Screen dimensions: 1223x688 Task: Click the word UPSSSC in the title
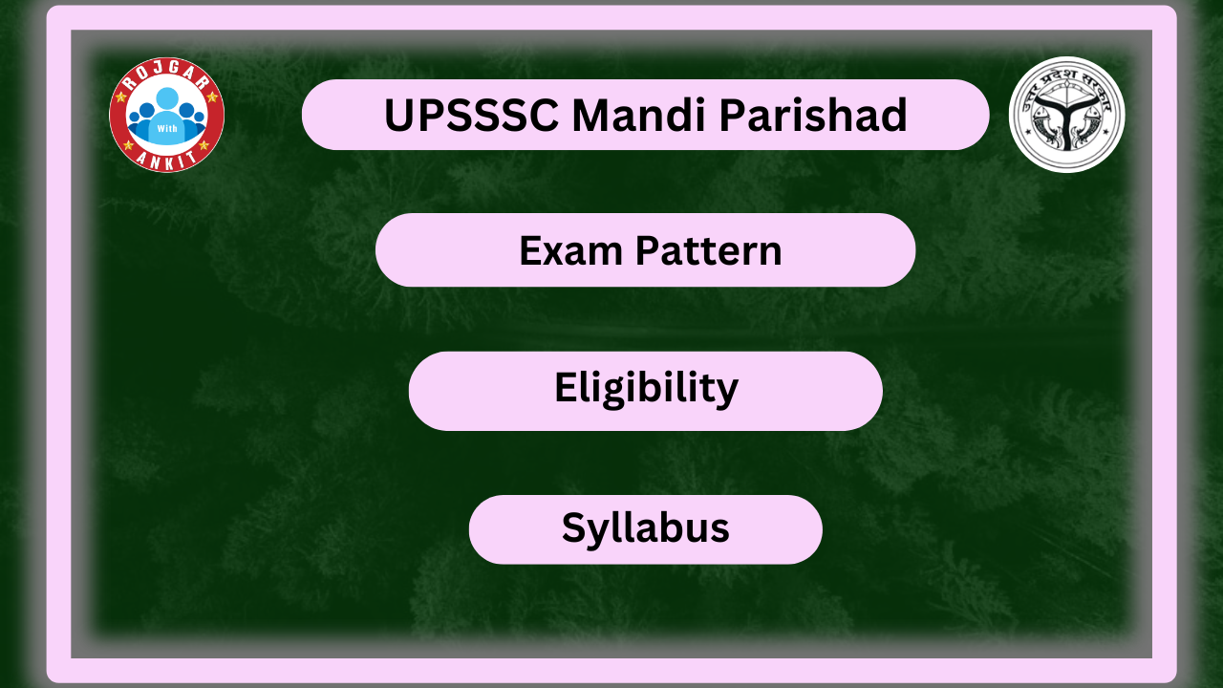472,116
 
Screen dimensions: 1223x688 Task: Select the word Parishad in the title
813,115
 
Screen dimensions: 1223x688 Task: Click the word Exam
570,250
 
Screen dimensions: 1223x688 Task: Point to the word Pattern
709,250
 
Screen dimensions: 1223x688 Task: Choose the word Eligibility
646,389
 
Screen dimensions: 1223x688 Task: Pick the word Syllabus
645,528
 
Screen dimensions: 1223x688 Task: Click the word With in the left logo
167,129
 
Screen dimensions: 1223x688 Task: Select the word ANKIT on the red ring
166,159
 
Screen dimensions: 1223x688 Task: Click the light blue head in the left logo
167,98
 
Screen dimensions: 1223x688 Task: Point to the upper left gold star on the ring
120,97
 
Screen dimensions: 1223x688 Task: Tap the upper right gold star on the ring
213,97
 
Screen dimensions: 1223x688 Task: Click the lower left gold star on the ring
129,145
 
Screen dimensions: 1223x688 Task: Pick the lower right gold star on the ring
204,145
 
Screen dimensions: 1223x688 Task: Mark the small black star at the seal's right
1106,132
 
